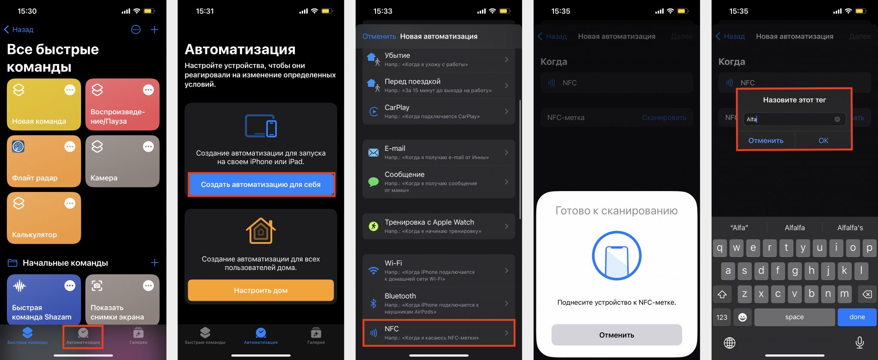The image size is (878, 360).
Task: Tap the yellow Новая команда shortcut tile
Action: [43, 105]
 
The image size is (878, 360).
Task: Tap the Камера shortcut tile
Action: [122, 162]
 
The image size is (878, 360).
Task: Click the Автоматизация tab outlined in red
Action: [83, 336]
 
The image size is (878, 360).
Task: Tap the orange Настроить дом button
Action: [261, 290]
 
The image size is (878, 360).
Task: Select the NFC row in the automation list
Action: [439, 333]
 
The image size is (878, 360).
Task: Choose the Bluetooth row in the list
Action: [439, 303]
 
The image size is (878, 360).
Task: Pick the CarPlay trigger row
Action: [439, 111]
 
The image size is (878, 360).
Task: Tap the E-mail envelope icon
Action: [373, 153]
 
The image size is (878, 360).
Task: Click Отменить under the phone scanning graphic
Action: [616, 335]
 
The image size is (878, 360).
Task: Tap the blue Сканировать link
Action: [664, 117]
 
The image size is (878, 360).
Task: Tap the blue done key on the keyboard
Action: [857, 317]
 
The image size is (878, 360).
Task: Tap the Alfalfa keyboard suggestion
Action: [794, 228]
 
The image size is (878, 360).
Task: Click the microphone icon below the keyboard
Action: [859, 342]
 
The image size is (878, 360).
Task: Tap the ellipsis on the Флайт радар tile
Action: [70, 147]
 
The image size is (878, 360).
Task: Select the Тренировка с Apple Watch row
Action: [439, 226]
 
